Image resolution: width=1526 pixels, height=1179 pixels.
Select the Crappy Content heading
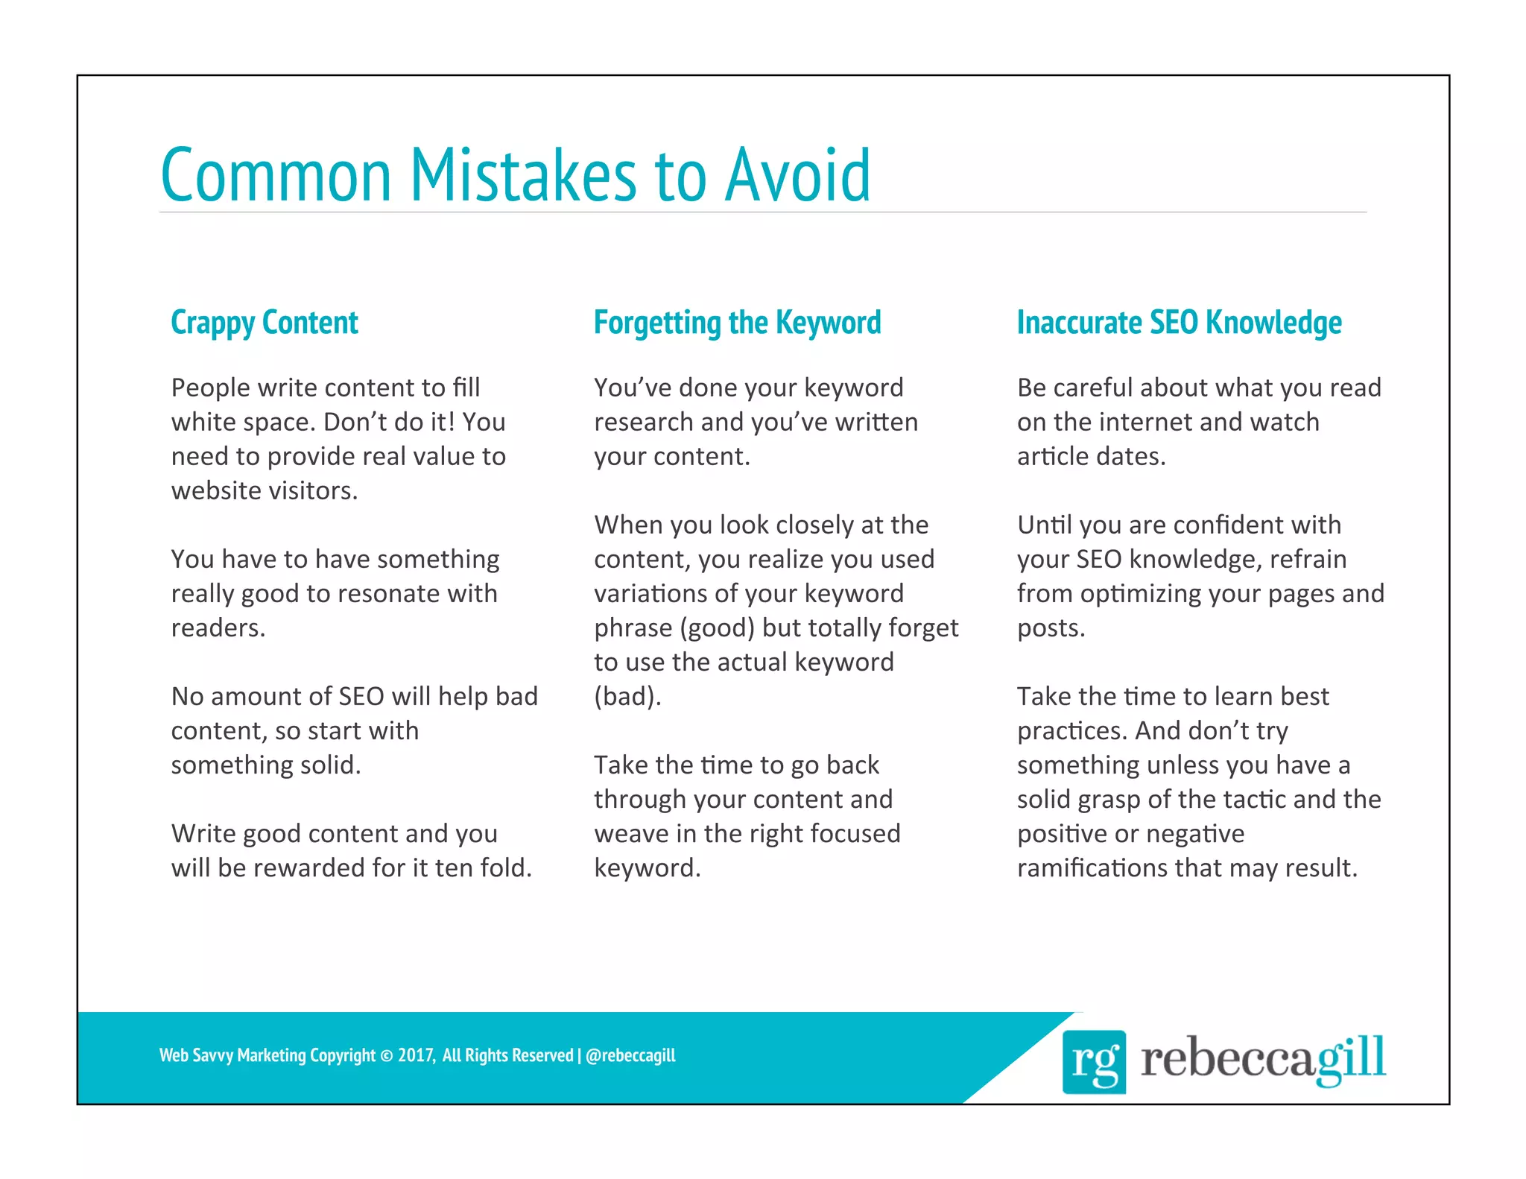pos(265,323)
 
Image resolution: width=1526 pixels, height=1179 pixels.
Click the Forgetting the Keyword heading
pos(737,323)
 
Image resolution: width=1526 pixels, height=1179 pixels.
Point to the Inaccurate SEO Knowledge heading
pos(1179,323)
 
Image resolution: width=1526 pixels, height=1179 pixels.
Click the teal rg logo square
pos(1093,1061)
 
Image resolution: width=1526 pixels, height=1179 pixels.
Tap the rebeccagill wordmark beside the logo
pos(1262,1058)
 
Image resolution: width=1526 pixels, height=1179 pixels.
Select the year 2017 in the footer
pos(415,1055)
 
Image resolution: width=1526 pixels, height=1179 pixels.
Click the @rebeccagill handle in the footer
pos(630,1055)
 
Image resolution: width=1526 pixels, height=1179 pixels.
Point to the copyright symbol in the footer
pos(386,1056)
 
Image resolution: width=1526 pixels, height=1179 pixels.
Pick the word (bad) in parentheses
pos(627,697)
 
